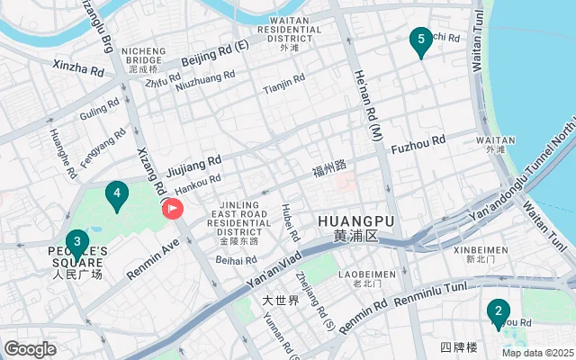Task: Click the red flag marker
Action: [172, 209]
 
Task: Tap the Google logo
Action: [30, 348]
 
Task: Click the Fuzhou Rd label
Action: [418, 141]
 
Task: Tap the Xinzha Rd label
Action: [79, 67]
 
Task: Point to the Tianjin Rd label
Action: [284, 89]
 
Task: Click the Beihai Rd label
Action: [237, 260]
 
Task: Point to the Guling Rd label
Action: [99, 113]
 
